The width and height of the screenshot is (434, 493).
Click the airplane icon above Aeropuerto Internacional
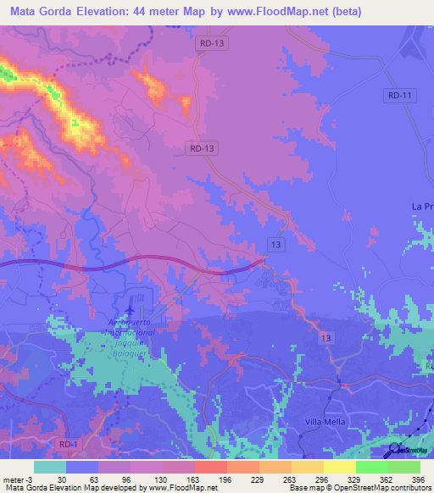pyautogui.click(x=130, y=303)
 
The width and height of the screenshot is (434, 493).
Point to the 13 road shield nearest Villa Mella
pyautogui.click(x=326, y=338)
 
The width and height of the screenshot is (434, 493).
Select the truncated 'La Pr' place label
pyautogui.click(x=422, y=207)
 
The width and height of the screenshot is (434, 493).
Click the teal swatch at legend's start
pyautogui.click(x=50, y=467)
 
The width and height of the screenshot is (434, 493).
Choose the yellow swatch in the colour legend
pyautogui.click(x=339, y=467)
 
